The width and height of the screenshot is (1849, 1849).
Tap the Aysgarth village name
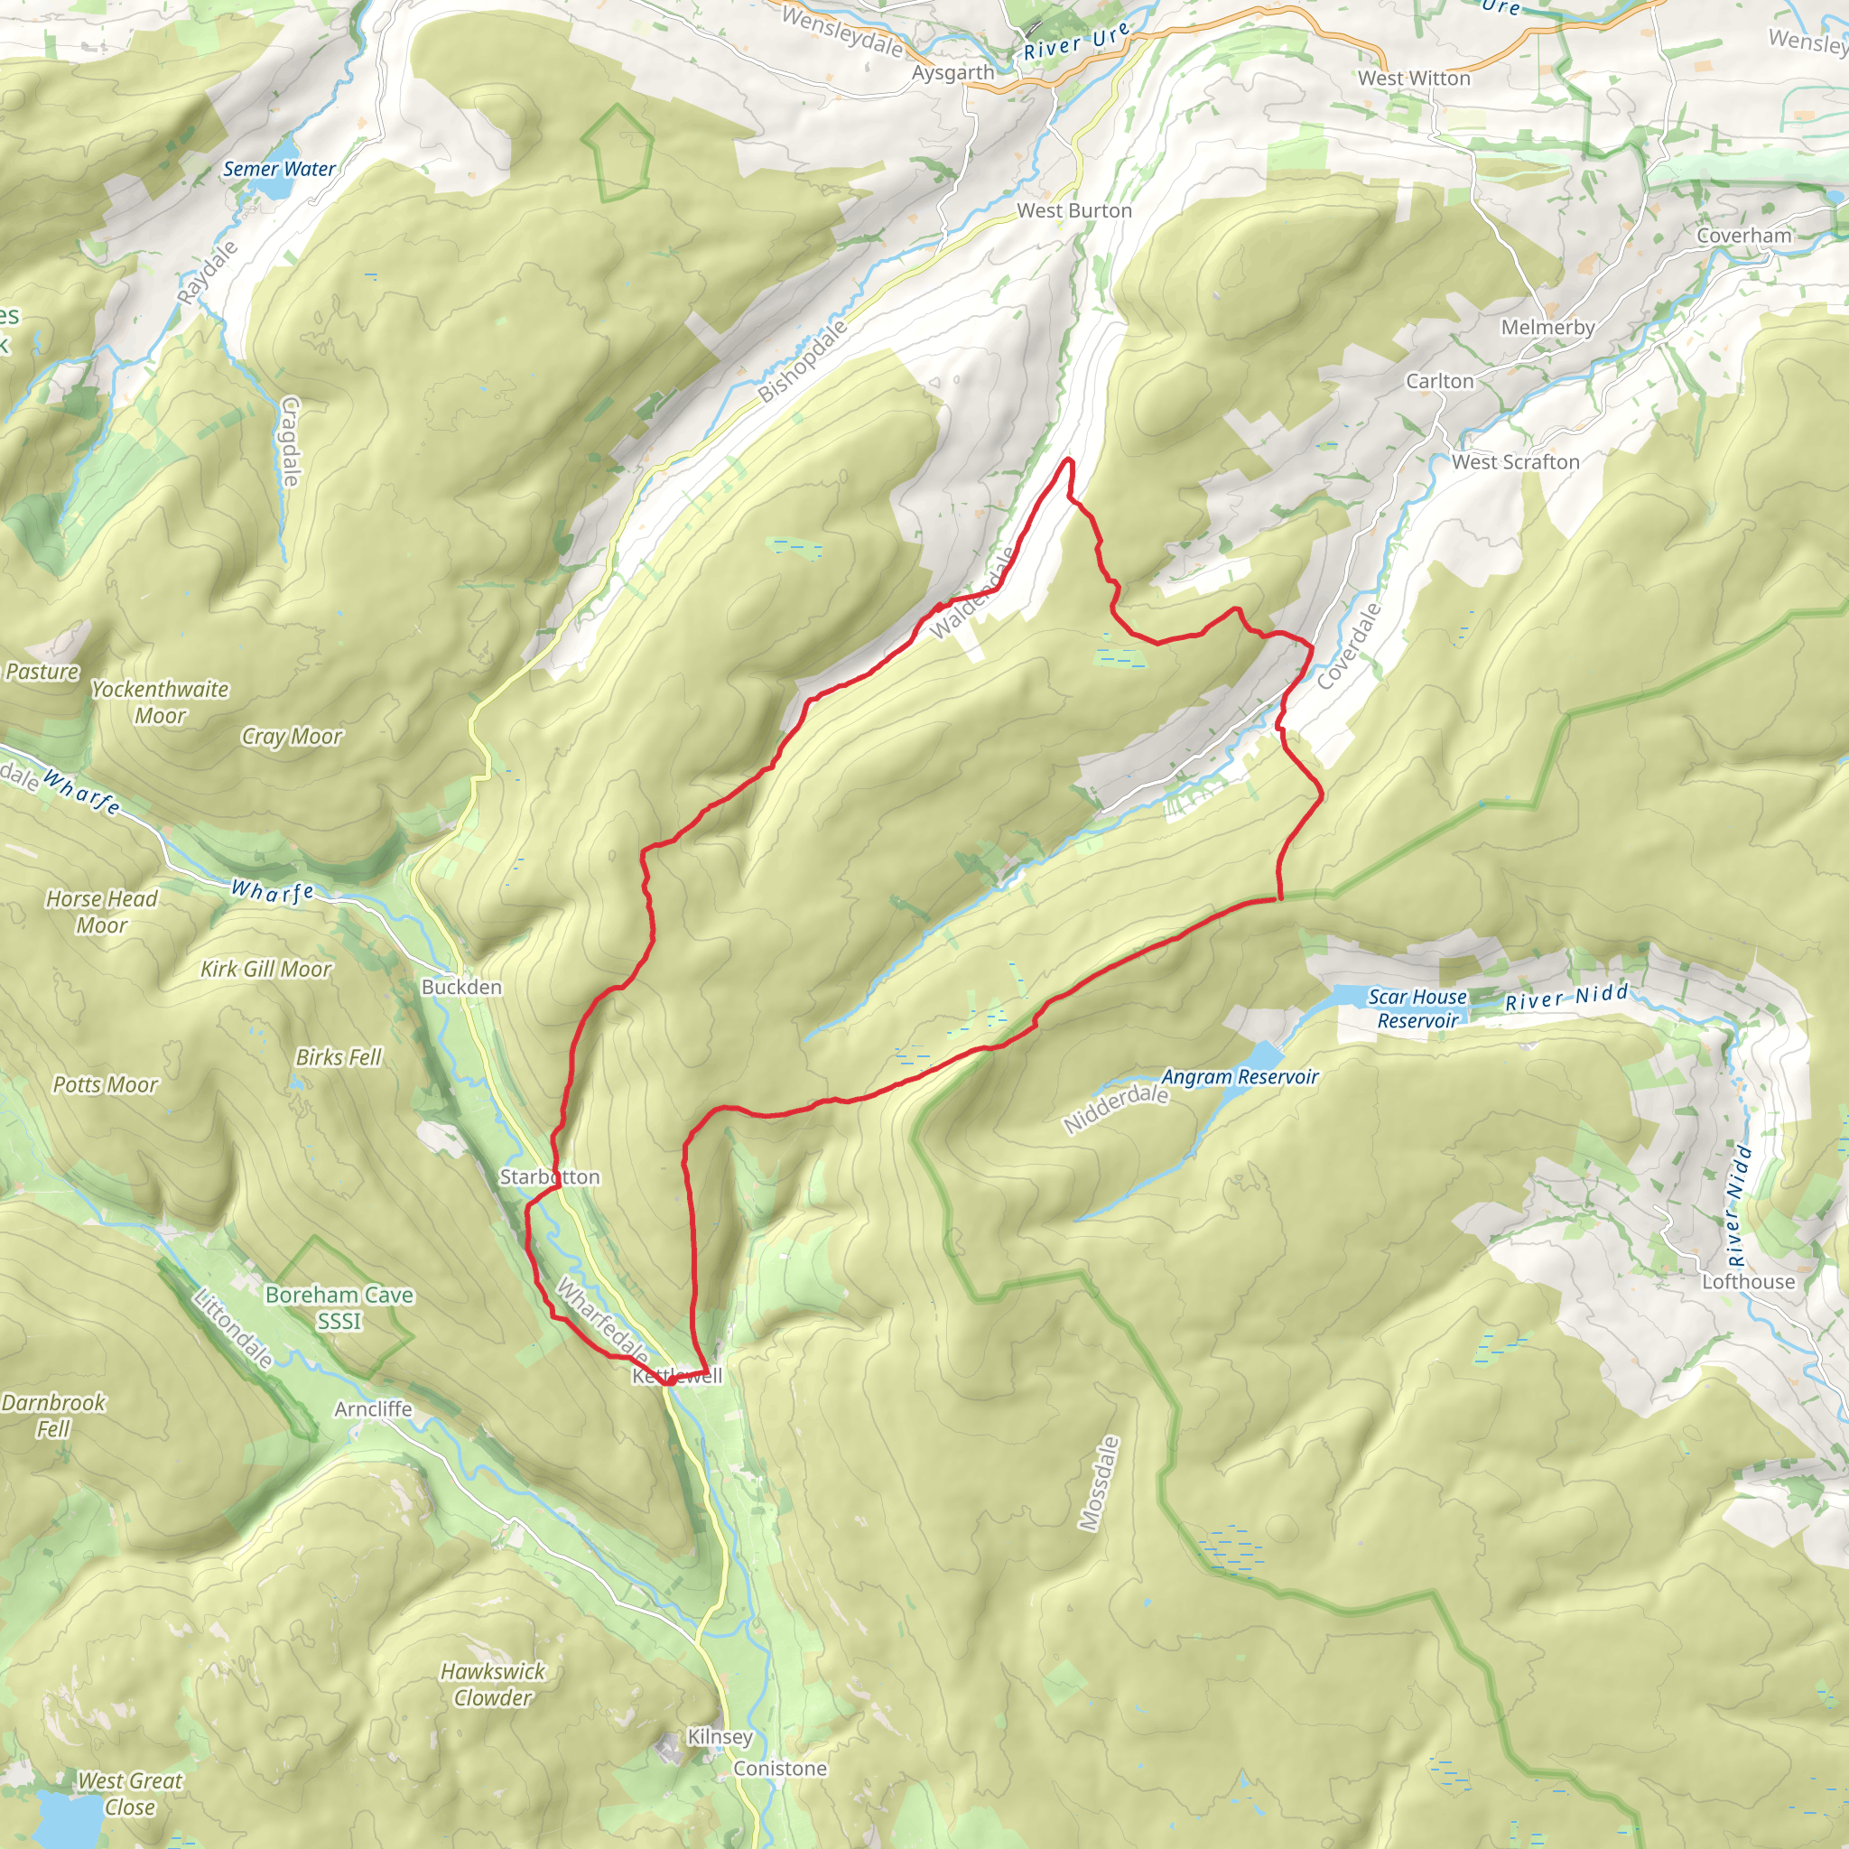tap(952, 73)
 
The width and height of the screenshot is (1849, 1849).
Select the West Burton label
tap(1073, 210)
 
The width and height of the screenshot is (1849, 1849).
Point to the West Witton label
tap(1414, 79)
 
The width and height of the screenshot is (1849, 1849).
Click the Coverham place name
tap(1743, 236)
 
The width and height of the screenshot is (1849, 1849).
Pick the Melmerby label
tap(1547, 328)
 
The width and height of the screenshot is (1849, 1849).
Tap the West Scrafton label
tap(1515, 462)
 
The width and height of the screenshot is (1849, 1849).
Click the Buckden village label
tap(461, 987)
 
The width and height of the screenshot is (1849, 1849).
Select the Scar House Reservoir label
tap(1417, 1008)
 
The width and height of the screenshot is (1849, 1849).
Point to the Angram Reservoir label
tap(1240, 1077)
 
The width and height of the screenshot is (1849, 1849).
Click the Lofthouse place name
tap(1748, 1281)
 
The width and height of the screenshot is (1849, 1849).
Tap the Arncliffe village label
tap(373, 1408)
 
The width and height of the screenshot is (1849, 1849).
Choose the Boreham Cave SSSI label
tap(339, 1307)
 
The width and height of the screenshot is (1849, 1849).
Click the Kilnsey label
tap(720, 1736)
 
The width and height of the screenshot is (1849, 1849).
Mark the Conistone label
tap(780, 1768)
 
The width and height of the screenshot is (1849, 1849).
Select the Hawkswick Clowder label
tap(492, 1685)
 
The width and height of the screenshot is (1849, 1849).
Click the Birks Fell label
tap(338, 1056)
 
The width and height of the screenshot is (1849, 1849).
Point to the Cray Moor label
tap(291, 736)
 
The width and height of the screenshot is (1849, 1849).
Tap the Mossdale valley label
tap(1098, 1482)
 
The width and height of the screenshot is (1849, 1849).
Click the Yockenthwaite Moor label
tap(160, 702)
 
